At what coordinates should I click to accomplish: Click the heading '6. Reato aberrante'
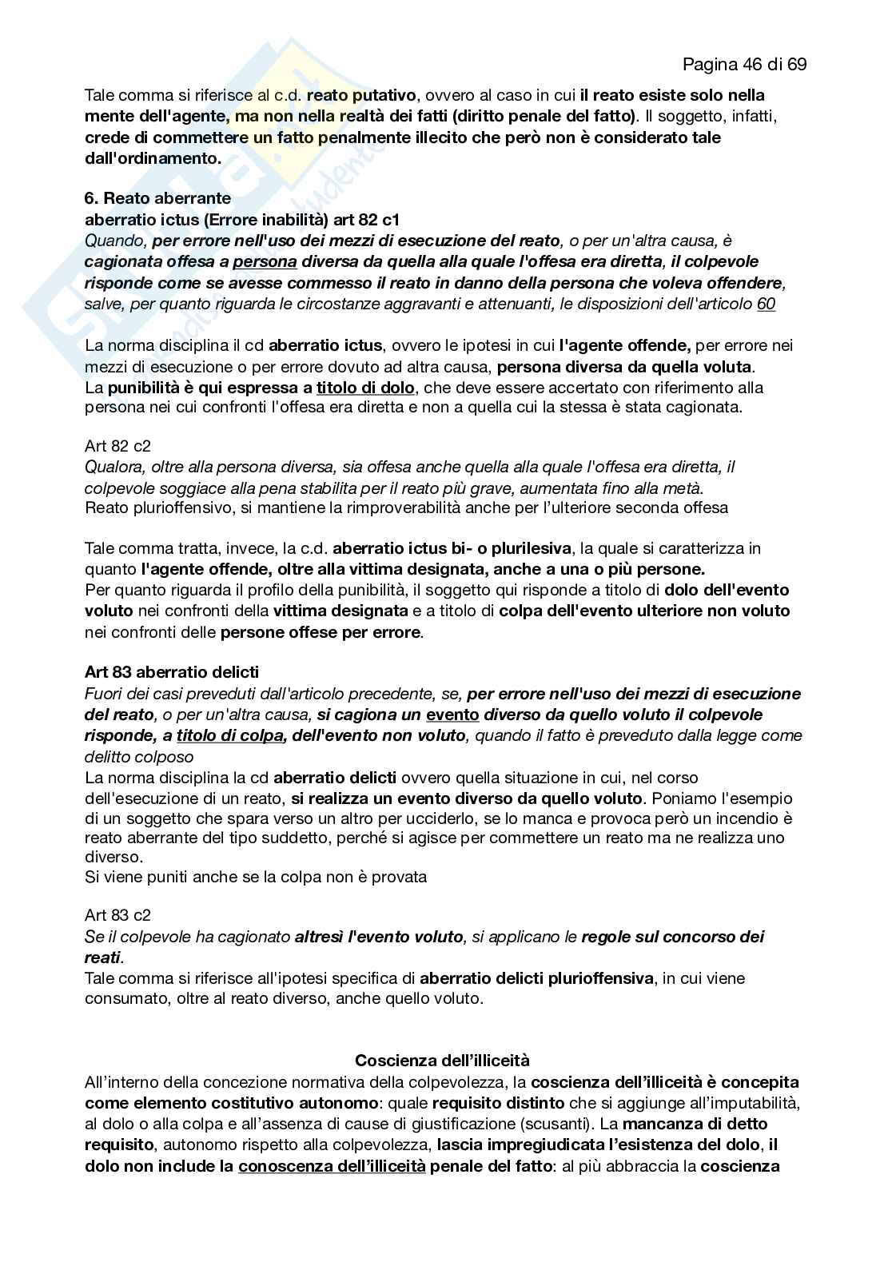coord(157,197)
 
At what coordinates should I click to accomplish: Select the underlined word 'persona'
coord(265,261)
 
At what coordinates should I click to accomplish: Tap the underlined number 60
coord(766,304)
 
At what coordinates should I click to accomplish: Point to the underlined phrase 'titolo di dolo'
coord(365,388)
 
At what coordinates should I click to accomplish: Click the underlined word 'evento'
coord(452,714)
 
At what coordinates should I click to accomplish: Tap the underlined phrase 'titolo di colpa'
coord(230,735)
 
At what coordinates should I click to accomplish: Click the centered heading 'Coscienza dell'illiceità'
coord(442,1061)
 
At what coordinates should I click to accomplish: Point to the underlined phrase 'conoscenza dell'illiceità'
coord(332,1166)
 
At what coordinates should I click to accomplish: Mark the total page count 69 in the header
coord(796,64)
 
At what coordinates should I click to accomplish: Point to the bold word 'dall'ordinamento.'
coord(153,157)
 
